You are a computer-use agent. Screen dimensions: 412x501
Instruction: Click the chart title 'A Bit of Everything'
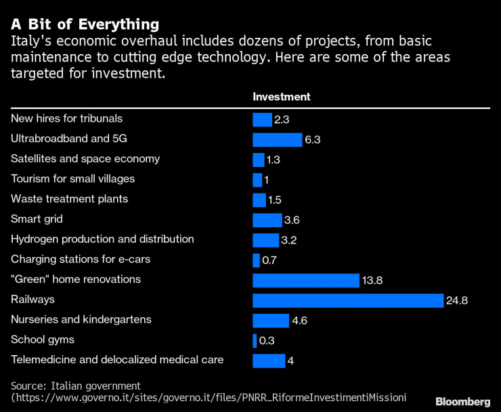[x=85, y=24]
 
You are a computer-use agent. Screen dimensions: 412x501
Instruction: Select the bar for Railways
[x=347, y=300]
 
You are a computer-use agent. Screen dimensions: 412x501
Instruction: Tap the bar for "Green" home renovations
[x=305, y=280]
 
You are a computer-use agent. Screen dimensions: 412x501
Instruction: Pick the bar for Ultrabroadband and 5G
[x=277, y=139]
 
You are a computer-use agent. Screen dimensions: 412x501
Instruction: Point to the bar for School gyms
[x=255, y=340]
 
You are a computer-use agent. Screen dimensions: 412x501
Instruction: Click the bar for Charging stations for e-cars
[x=256, y=260]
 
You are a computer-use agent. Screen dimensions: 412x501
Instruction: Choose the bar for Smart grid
[x=267, y=220]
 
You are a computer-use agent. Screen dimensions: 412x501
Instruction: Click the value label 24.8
[x=457, y=300]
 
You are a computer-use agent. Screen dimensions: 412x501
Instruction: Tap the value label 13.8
[x=372, y=280]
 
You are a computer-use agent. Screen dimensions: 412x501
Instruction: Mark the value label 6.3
[x=312, y=140]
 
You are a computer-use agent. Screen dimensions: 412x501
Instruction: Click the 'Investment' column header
[x=281, y=97]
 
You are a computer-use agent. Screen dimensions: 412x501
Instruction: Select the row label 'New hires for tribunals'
[x=66, y=118]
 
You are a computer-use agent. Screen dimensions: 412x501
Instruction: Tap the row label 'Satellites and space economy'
[x=85, y=159]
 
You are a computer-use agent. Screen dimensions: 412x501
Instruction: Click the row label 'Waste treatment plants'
[x=69, y=199]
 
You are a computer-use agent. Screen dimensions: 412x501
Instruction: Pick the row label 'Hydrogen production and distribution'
[x=102, y=239]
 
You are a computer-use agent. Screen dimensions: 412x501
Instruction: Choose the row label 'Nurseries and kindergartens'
[x=81, y=319]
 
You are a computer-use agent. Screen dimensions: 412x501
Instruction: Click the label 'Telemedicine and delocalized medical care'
[x=117, y=360]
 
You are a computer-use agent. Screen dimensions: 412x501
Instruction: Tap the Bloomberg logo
[x=462, y=401]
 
